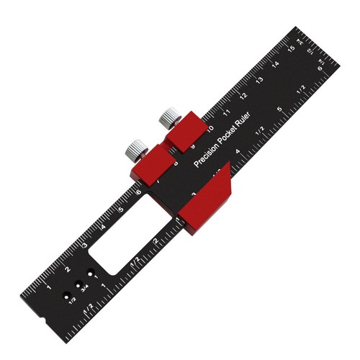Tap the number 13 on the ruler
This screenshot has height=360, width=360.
(x=258, y=79)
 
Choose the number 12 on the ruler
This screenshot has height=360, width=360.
(x=244, y=96)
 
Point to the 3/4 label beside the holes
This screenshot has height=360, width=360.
(x=85, y=289)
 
